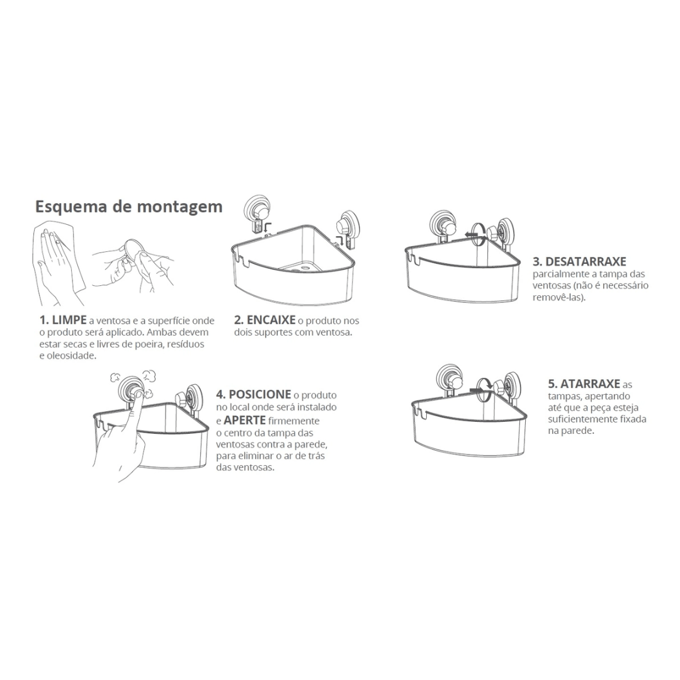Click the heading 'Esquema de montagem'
(128, 207)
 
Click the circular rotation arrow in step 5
(485, 388)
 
